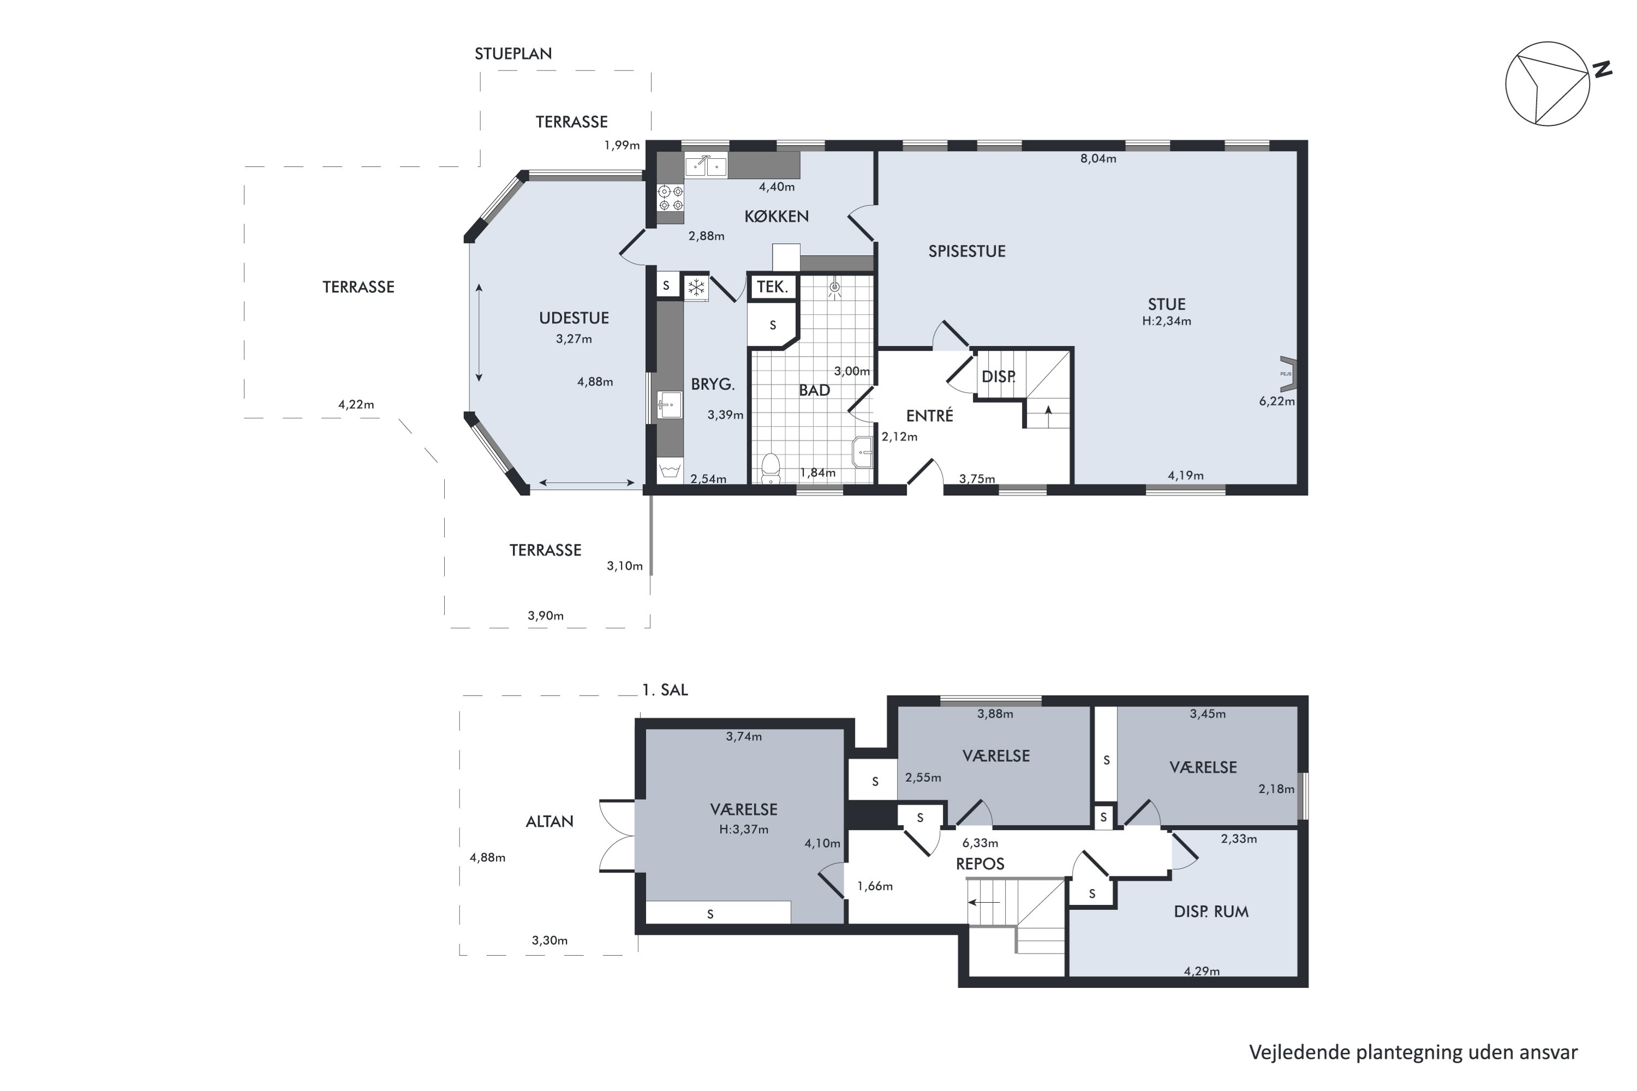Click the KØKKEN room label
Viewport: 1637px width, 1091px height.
pyautogui.click(x=776, y=217)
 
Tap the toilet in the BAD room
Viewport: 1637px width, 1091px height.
pyautogui.click(x=770, y=467)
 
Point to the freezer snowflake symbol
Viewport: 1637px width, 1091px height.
pyautogui.click(x=696, y=287)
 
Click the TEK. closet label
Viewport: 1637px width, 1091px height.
pyautogui.click(x=772, y=287)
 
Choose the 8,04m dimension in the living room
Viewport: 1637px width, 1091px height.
pyautogui.click(x=1097, y=159)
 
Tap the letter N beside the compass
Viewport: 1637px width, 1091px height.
pyautogui.click(x=1603, y=70)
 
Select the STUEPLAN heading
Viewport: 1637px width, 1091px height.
pyautogui.click(x=513, y=53)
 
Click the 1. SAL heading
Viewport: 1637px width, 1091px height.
pyautogui.click(x=665, y=690)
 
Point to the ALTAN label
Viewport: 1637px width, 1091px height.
pyautogui.click(x=549, y=822)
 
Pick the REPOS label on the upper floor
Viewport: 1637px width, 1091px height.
pyautogui.click(x=980, y=864)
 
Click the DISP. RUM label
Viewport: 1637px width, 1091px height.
pyautogui.click(x=1211, y=912)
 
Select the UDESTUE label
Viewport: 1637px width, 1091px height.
pyautogui.click(x=573, y=319)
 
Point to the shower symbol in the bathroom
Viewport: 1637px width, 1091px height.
pyautogui.click(x=834, y=288)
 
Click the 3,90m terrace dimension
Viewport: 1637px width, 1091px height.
pyautogui.click(x=546, y=616)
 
